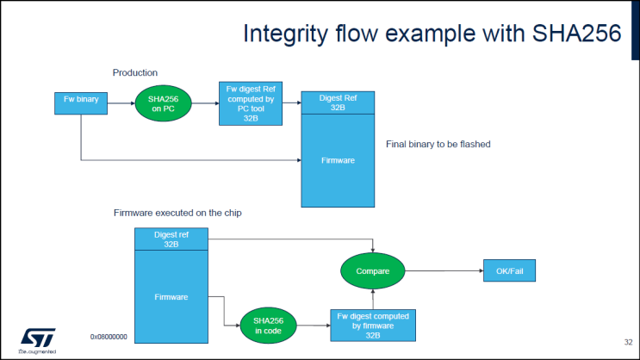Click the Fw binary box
(80, 100)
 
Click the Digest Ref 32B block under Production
(338, 103)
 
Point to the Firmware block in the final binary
(338, 160)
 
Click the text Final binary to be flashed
(438, 144)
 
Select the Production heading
(135, 73)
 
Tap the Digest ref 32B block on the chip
(171, 239)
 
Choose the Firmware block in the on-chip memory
(171, 297)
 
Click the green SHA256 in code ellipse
(268, 326)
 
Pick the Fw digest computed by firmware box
(372, 326)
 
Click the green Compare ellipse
(373, 271)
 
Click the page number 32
(628, 343)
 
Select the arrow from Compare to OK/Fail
(444, 271)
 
